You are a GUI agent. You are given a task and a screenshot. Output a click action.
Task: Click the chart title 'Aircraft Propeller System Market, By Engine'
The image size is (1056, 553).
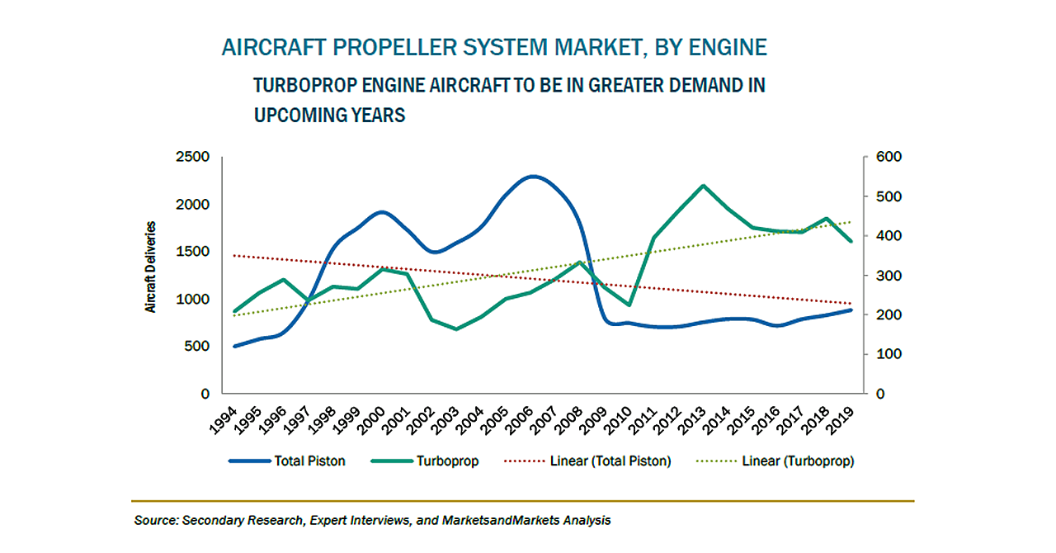coord(494,47)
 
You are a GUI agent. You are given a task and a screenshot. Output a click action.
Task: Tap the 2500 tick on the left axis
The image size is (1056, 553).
coord(192,157)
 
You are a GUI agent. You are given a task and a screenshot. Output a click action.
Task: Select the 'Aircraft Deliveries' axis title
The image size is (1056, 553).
coord(151,267)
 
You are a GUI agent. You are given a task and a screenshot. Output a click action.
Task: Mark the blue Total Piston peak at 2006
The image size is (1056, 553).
coord(533,176)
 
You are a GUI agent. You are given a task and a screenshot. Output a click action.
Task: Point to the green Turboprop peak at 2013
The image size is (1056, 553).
coord(702,186)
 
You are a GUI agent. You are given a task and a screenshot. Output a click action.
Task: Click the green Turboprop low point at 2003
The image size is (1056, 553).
coord(456,329)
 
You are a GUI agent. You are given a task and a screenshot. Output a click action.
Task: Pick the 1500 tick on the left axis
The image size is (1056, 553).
coord(192,252)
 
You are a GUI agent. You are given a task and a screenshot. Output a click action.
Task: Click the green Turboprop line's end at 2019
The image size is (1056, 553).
coord(851,241)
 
